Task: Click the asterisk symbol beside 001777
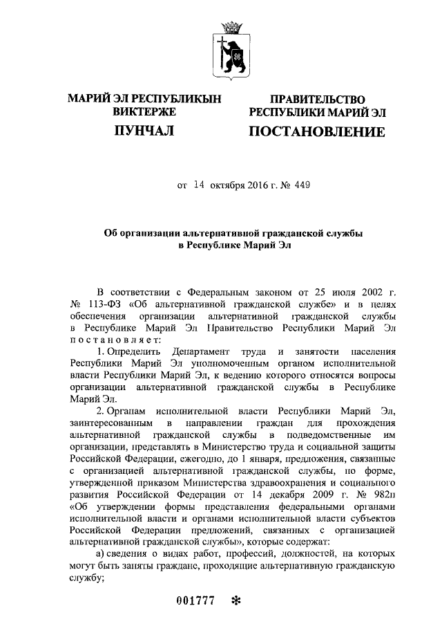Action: (x=237, y=602)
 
